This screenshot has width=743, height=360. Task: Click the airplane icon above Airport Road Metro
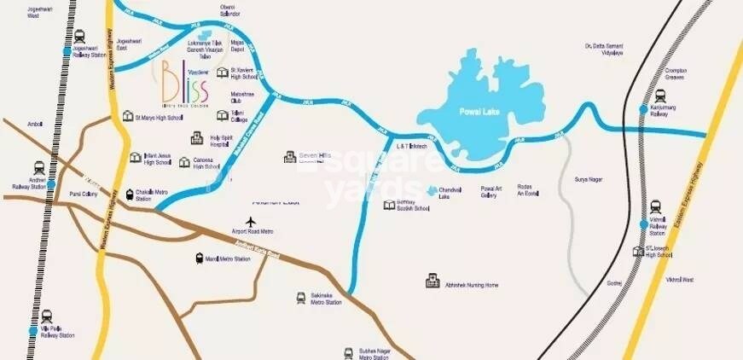251,223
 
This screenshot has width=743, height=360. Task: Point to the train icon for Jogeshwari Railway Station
79,37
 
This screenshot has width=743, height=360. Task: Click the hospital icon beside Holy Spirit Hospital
197,137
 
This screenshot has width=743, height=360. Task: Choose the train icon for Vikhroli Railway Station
655,206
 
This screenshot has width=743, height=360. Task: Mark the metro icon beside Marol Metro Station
199,258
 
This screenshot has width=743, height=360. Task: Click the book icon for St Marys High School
127,116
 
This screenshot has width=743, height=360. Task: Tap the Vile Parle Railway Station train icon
46,315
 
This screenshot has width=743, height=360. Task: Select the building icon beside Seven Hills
289,157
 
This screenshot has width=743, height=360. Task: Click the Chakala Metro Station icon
130,195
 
